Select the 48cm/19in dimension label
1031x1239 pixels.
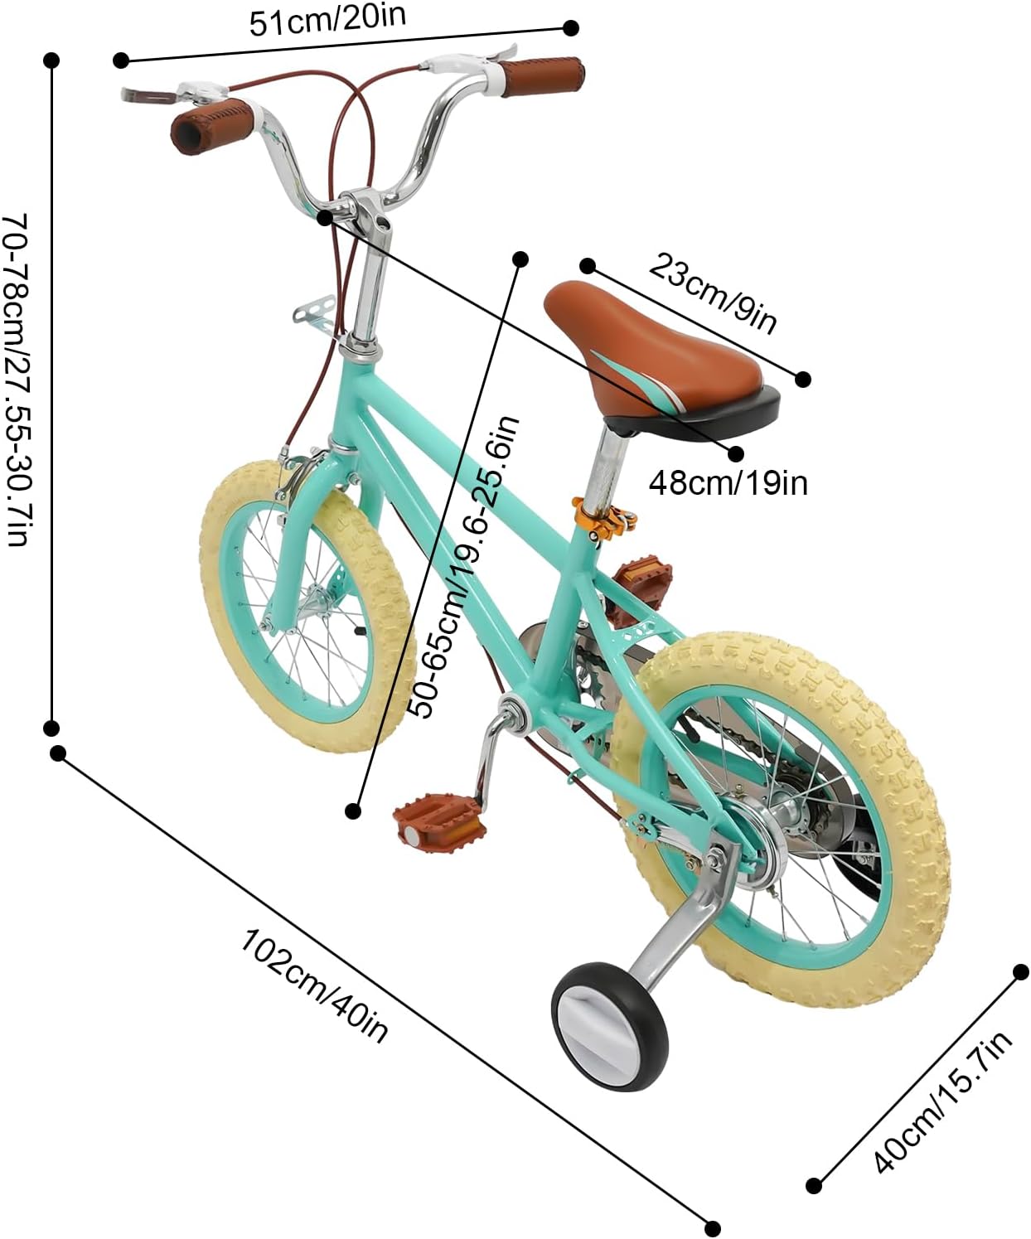pyautogui.click(x=728, y=482)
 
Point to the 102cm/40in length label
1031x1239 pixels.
pyautogui.click(x=315, y=985)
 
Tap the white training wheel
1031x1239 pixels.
pyautogui.click(x=609, y=1019)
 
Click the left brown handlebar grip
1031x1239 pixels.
pyautogui.click(x=211, y=121)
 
